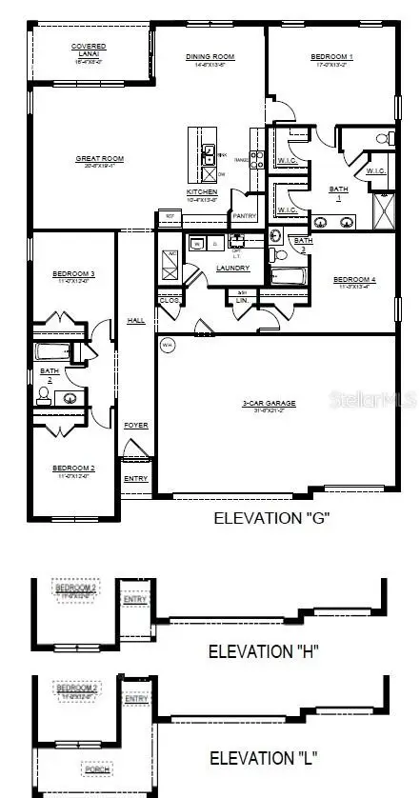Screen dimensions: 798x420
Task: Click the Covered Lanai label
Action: point(89,47)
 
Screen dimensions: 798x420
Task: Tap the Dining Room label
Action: point(210,57)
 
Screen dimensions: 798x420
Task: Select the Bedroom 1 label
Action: point(330,57)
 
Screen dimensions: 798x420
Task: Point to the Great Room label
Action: point(100,159)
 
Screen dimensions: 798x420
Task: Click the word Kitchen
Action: point(202,192)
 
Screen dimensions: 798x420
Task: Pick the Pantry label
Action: point(244,216)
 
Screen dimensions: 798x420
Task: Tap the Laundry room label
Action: point(232,268)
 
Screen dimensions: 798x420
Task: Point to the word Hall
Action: point(136,320)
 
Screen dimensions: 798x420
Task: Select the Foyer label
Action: point(136,425)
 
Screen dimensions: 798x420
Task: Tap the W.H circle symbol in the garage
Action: point(168,345)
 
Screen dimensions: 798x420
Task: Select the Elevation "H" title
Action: point(262,651)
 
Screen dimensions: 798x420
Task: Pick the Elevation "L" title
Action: point(262,758)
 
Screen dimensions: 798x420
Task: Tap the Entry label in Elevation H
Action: point(135,598)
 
